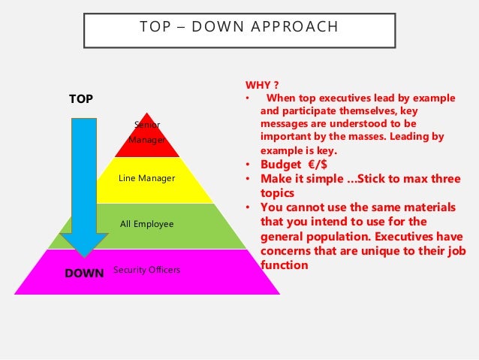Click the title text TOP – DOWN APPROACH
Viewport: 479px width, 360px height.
click(239, 28)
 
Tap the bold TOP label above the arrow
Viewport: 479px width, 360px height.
click(81, 98)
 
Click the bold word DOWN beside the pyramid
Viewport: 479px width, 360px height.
click(84, 274)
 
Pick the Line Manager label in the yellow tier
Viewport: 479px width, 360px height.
click(146, 178)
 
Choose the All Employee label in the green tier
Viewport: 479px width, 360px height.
click(146, 224)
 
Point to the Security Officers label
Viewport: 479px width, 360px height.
click(146, 269)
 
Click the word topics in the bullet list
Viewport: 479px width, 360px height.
click(277, 193)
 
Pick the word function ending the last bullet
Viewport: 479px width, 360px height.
click(284, 265)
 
